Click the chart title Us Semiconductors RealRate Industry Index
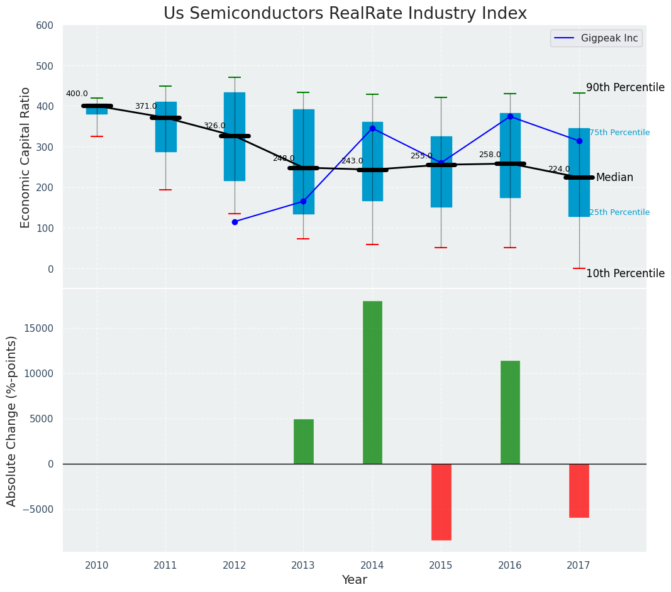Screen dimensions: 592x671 pos(345,14)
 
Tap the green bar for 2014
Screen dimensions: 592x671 pos(372,382)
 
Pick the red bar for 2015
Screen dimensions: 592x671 pos(441,502)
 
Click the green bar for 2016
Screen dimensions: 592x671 pos(510,412)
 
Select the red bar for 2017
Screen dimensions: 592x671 pos(579,490)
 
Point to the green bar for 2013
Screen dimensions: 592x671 pos(303,441)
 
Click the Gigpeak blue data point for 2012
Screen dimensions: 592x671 pos(235,222)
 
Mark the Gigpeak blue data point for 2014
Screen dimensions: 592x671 pos(372,128)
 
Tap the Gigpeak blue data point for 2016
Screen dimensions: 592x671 pos(510,116)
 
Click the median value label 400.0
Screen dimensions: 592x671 pos(77,94)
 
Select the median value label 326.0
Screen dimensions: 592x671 pos(214,126)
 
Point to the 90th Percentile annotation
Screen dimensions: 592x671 pos(625,87)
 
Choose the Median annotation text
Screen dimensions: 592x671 pos(614,178)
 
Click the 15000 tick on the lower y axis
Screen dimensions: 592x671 pos(40,329)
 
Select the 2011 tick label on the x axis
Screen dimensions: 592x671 pos(165,566)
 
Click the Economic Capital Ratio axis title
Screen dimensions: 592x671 pos(26,157)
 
